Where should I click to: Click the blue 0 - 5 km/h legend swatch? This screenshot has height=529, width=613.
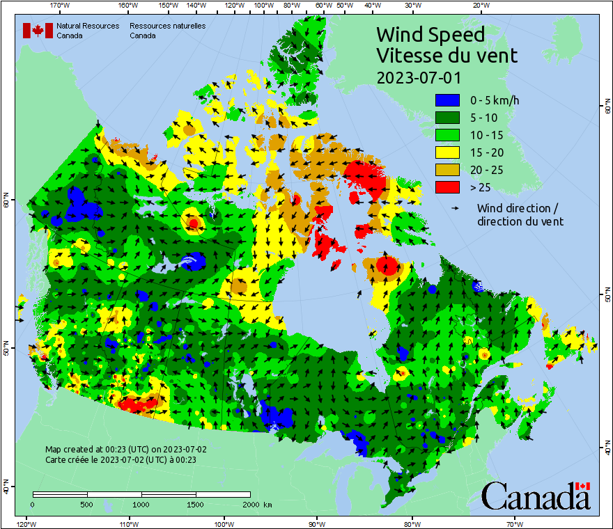tap(449, 100)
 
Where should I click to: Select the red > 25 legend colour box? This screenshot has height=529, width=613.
tap(449, 187)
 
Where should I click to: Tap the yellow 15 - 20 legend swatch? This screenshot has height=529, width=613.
tap(449, 152)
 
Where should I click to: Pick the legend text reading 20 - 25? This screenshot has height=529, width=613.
tap(486, 169)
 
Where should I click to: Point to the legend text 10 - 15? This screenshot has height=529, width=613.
tap(486, 134)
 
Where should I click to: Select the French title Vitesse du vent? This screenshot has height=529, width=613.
tap(447, 55)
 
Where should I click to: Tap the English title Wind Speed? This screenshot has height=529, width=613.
tap(430, 34)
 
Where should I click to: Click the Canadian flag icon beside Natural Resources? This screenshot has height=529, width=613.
tap(38, 31)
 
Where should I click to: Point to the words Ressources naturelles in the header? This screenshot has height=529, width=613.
tap(167, 26)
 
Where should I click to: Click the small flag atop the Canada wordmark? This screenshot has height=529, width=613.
tap(582, 486)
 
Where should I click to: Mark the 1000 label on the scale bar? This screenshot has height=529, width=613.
tap(141, 504)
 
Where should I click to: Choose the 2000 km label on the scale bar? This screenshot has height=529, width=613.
tap(257, 504)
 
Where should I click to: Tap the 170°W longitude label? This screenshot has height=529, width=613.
tap(61, 5)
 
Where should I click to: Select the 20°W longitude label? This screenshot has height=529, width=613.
tap(479, 5)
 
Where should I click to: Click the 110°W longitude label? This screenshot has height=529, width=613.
tap(128, 524)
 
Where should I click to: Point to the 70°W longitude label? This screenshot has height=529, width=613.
tap(514, 524)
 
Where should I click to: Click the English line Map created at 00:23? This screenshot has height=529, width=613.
tap(125, 450)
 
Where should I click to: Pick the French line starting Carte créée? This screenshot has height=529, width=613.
tap(121, 460)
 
